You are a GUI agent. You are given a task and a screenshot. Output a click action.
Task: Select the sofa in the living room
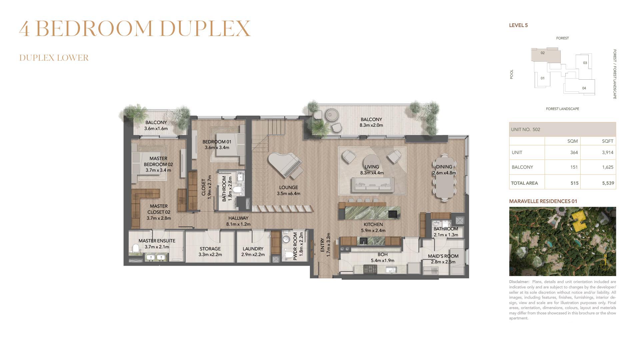(372, 184)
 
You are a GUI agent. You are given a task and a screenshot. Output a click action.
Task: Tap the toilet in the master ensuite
(135, 249)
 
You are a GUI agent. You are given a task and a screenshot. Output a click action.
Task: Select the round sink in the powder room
(286, 239)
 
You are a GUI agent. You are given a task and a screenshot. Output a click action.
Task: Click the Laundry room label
(253, 249)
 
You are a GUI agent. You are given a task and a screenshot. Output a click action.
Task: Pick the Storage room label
(210, 249)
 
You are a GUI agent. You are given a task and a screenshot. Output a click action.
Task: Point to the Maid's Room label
(443, 256)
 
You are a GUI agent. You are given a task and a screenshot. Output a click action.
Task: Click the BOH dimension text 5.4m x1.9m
(383, 260)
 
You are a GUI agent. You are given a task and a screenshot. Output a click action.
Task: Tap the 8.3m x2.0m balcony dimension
(371, 125)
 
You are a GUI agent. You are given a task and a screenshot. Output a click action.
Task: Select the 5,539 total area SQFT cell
(608, 183)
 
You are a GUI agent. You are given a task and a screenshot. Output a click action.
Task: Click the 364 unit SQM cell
(574, 152)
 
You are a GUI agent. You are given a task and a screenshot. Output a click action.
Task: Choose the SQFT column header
(608, 141)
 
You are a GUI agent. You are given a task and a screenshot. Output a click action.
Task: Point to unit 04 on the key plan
(584, 88)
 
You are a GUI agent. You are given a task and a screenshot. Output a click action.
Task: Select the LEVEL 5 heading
(518, 25)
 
